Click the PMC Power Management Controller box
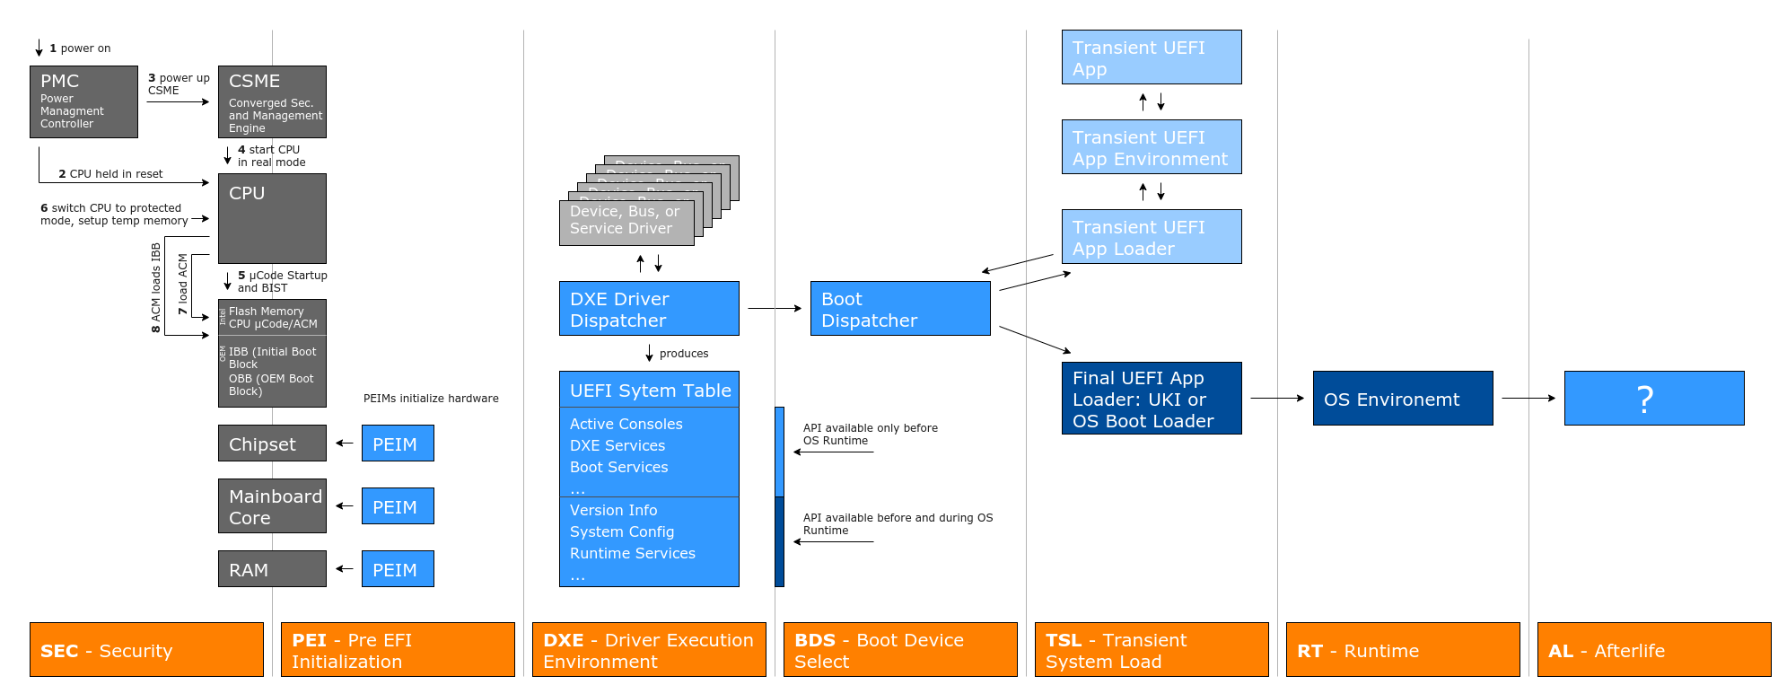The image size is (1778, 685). pos(83,101)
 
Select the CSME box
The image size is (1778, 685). pos(272,101)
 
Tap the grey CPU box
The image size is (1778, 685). pos(272,218)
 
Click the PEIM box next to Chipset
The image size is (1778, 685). pos(398,443)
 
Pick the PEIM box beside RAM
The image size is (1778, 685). pos(398,569)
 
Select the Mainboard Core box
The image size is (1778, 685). pos(272,506)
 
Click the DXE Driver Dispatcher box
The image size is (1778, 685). pos(649,309)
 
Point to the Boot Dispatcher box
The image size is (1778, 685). pos(900,309)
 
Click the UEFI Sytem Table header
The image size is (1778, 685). pos(650,391)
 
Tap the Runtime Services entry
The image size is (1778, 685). pos(632,553)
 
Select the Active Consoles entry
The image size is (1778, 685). pos(626,424)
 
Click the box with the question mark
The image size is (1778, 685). pos(1653,399)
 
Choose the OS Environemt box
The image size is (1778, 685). pos(1402,399)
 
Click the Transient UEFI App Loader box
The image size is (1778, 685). pos(1152,237)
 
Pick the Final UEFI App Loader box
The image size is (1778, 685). pos(1152,399)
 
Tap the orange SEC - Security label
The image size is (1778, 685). pos(146,650)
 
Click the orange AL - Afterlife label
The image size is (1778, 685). pos(1653,650)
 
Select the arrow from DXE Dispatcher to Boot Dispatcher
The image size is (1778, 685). pos(774,308)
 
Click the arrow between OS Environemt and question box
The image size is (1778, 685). pos(1528,398)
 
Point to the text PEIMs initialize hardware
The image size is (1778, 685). pos(431,399)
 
